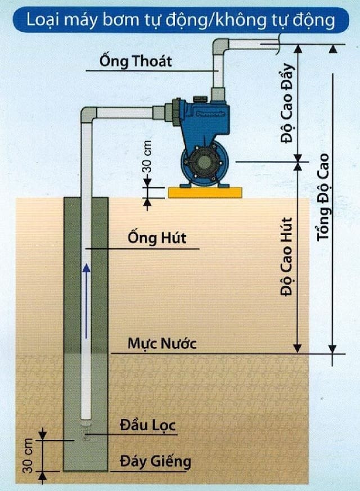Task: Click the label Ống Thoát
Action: pyautogui.click(x=136, y=60)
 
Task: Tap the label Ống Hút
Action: pyautogui.click(x=156, y=238)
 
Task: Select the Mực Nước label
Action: pyautogui.click(x=162, y=343)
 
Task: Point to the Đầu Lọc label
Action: pyautogui.click(x=147, y=425)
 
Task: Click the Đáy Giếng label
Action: pyautogui.click(x=155, y=461)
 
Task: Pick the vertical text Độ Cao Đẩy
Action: pyautogui.click(x=287, y=103)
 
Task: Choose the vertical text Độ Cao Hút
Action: pyautogui.click(x=286, y=256)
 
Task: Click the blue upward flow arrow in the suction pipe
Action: pyautogui.click(x=86, y=301)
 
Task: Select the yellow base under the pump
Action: pyautogui.click(x=205, y=192)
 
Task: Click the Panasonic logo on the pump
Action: pyautogui.click(x=211, y=114)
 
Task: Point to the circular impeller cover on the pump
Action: pyautogui.click(x=204, y=163)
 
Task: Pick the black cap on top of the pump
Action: pyautogui.click(x=200, y=99)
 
